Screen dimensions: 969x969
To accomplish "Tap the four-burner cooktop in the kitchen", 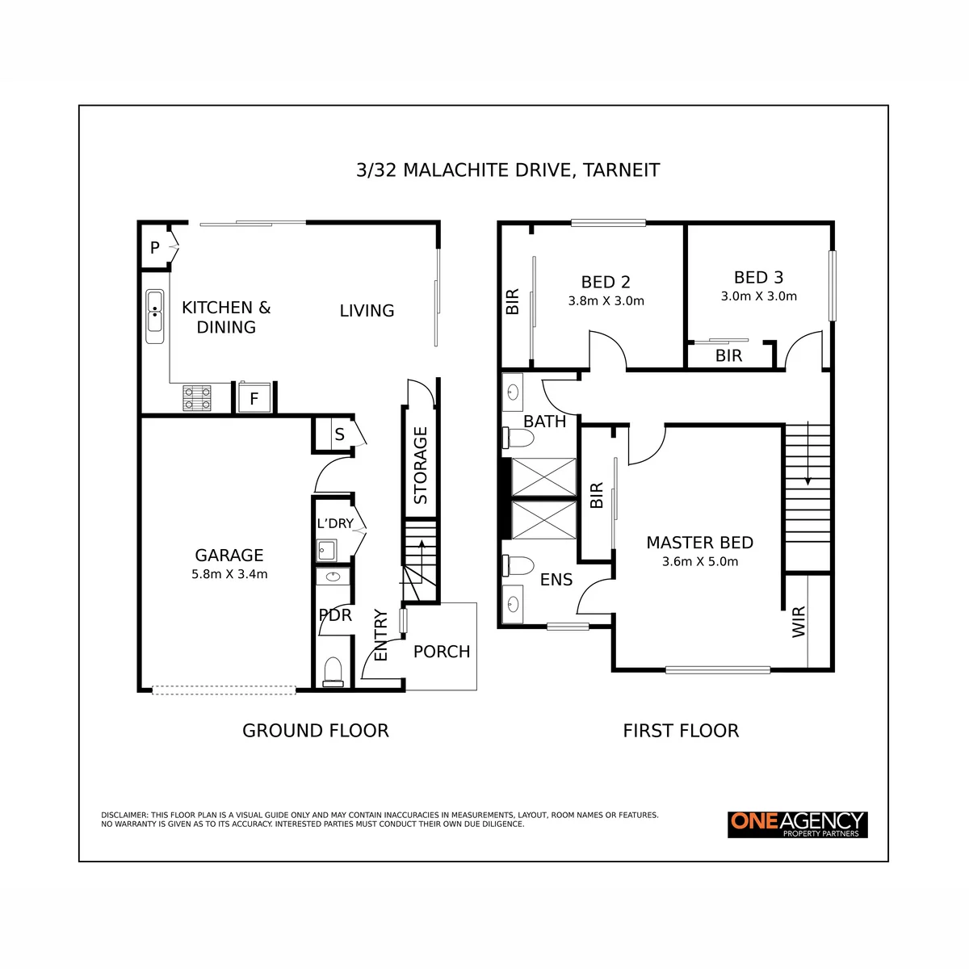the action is [196, 398].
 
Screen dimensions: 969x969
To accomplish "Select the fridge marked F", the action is [254, 397].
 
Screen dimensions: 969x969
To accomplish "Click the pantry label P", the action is [155, 247].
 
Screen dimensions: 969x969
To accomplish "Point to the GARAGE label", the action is [229, 555].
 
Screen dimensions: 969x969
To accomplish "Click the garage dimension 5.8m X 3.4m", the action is [229, 574].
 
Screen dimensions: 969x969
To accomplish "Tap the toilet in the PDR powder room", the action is [333, 671].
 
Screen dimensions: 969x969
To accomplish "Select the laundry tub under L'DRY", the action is [327, 551].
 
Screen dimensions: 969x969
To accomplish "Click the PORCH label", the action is [442, 651].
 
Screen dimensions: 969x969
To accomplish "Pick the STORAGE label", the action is [421, 465].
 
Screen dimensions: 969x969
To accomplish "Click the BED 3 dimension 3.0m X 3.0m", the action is [759, 296].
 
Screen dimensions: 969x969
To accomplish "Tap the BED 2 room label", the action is [606, 282].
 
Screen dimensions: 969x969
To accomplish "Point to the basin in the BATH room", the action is [513, 392].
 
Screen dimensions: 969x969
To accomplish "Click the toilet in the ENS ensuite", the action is [518, 566].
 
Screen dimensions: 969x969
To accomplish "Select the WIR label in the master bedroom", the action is [799, 622].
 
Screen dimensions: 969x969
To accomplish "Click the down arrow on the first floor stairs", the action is [808, 452].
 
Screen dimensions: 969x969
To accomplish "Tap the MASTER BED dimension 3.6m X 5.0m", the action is [700, 562].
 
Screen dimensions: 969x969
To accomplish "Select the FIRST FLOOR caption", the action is [681, 731].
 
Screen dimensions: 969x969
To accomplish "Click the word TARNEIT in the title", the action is [622, 170].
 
